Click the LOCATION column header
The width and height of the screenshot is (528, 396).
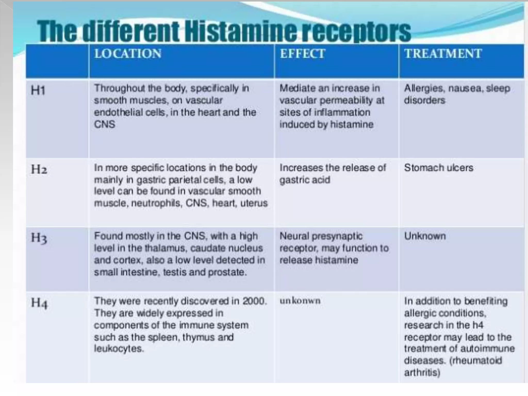coord(128,54)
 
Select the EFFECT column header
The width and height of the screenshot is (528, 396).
coord(302,54)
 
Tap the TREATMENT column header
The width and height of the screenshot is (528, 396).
coord(443,54)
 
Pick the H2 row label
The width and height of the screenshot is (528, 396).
coord(39,169)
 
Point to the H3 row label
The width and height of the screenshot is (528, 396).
coord(39,238)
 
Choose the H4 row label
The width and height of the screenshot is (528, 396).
coord(39,303)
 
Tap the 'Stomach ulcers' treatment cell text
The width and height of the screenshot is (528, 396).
coord(439,168)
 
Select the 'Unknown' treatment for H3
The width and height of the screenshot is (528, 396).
coord(425,236)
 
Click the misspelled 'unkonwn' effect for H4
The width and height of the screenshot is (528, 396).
coord(300,301)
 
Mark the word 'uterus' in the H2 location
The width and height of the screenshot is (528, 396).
coord(254,203)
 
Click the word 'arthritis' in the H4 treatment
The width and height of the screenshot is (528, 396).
coord(422,372)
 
